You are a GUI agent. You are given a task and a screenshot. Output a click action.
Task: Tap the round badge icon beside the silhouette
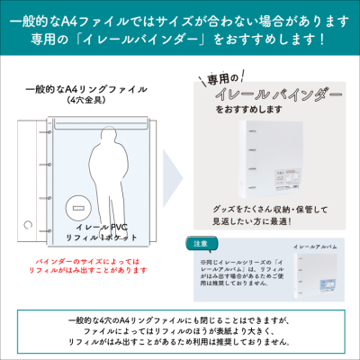coord(73,208)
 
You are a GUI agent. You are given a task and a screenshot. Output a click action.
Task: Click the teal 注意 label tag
coord(201,243)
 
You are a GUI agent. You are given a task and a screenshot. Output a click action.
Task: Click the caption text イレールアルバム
coord(313,245)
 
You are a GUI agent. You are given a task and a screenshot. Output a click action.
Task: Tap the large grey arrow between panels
coord(174,180)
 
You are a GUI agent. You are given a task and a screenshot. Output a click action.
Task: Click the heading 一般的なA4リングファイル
coord(86,90)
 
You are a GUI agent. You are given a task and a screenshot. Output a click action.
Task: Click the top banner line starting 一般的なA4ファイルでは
coord(180,19)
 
